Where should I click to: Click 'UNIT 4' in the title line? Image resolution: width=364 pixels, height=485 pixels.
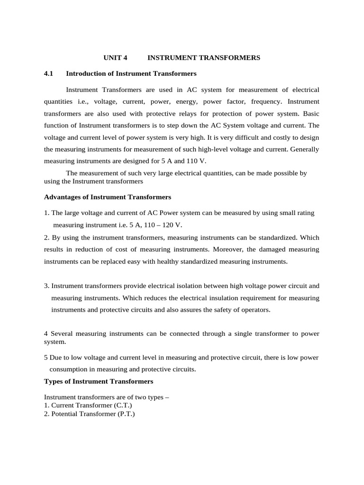116,58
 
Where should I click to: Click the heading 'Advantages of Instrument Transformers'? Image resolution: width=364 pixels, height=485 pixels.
108,197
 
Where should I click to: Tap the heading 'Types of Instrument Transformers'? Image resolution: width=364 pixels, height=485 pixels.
99,381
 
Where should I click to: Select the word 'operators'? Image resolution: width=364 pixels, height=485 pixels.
254,310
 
